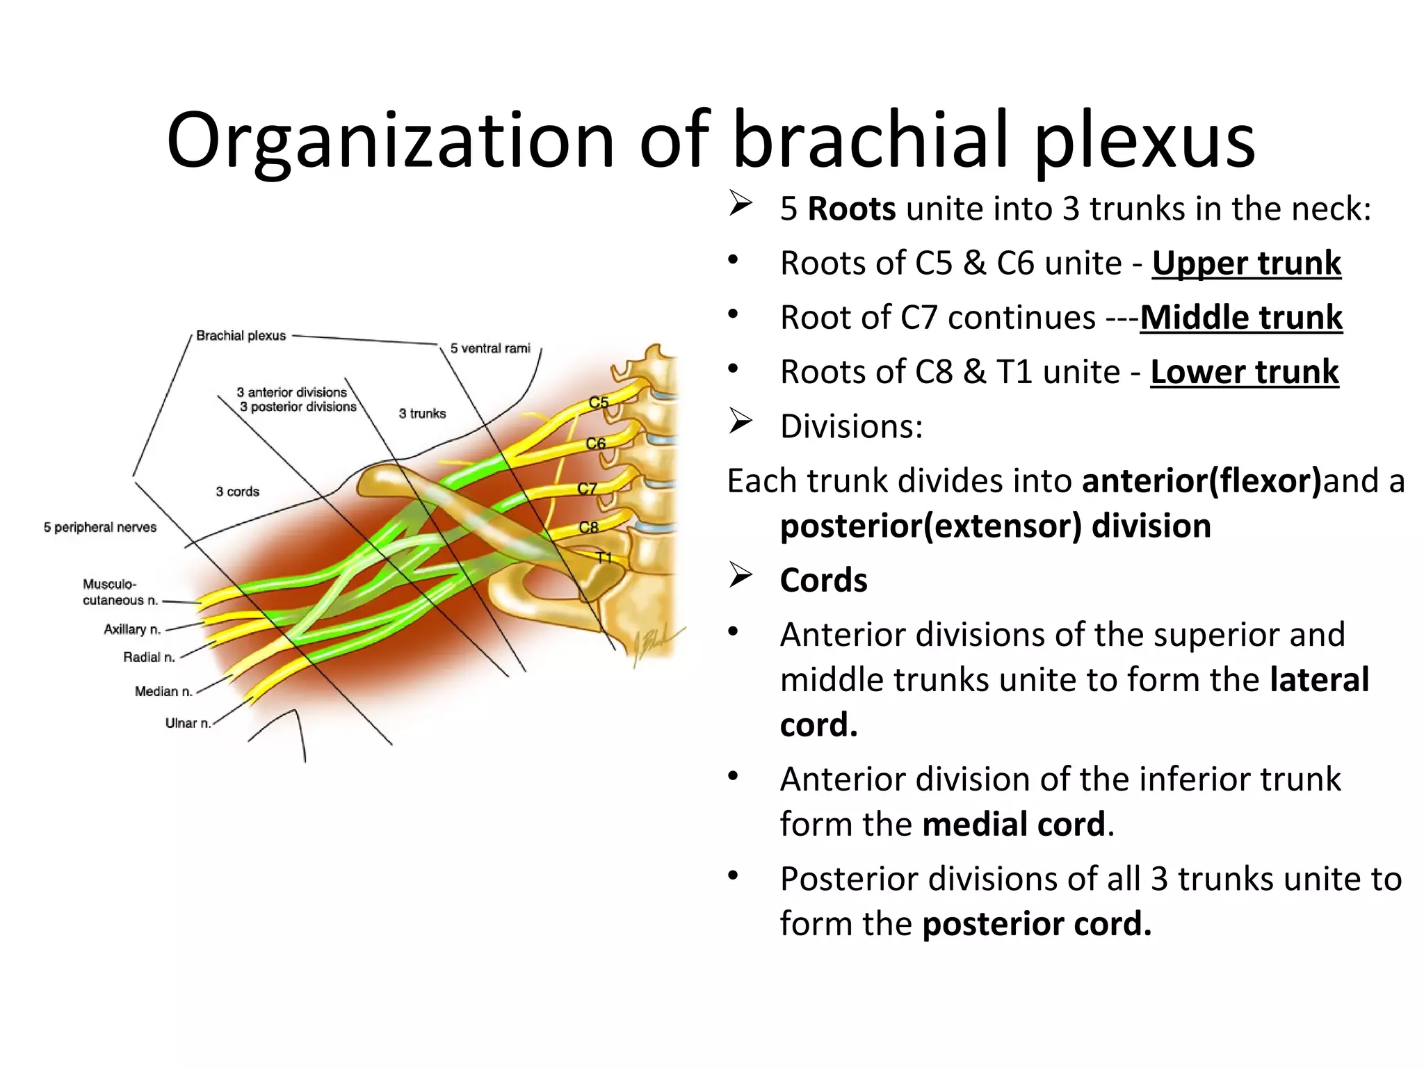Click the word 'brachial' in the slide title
pyautogui.click(x=870, y=140)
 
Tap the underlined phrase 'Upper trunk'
pyautogui.click(x=1246, y=264)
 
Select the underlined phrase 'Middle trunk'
pyautogui.click(x=1241, y=318)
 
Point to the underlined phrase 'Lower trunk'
pyautogui.click(x=1244, y=372)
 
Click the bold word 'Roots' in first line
pyautogui.click(x=851, y=209)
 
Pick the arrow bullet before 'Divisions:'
pyautogui.click(x=741, y=422)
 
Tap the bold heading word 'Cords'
pyautogui.click(x=823, y=581)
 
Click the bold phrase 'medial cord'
pyautogui.click(x=1013, y=825)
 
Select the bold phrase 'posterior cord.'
pyautogui.click(x=1037, y=924)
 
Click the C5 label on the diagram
pyautogui.click(x=598, y=403)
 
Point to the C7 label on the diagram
pyautogui.click(x=587, y=489)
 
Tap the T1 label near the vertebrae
pyautogui.click(x=604, y=558)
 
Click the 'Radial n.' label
pyautogui.click(x=149, y=657)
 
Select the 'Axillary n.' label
pyautogui.click(x=132, y=629)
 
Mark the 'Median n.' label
pyautogui.click(x=163, y=691)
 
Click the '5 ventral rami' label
pyautogui.click(x=489, y=348)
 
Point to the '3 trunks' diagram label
pyautogui.click(x=422, y=414)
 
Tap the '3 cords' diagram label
pyautogui.click(x=237, y=492)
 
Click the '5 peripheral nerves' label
pyautogui.click(x=100, y=527)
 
